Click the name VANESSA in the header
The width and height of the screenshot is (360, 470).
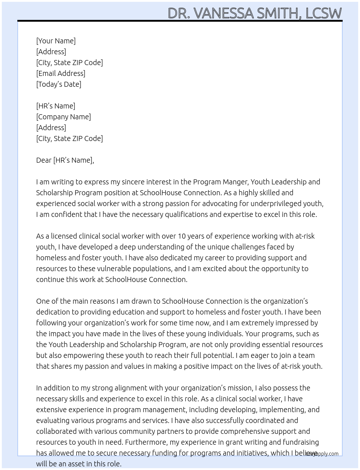coord(224,13)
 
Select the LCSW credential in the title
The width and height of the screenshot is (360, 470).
coord(323,13)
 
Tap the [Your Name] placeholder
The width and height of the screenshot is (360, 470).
coord(56,41)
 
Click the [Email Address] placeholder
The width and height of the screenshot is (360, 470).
coord(61,73)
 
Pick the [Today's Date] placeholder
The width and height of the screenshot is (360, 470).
coord(59,84)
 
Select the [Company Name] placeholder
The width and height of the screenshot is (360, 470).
coord(64,117)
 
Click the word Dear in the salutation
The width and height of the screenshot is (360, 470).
coord(44,160)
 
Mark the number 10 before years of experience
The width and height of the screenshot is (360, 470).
coord(181,236)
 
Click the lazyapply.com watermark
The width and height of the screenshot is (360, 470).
coord(322,454)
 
